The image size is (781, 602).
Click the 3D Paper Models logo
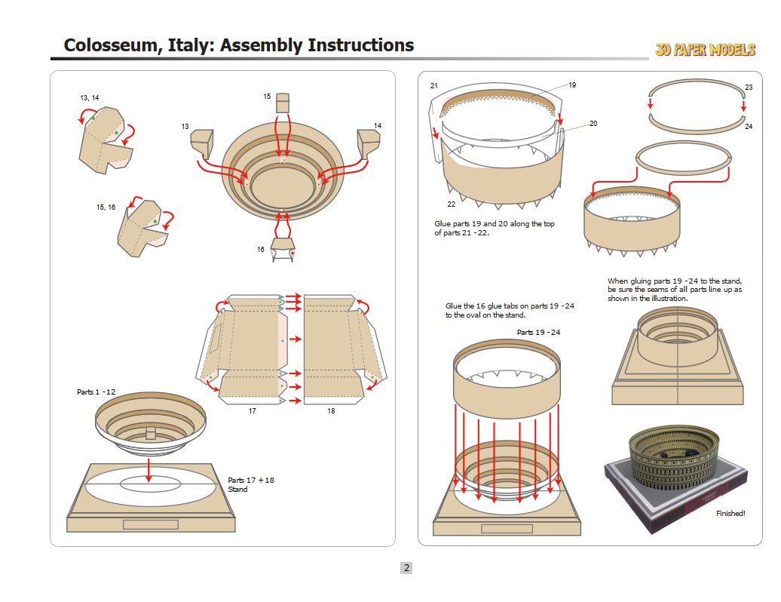(705, 50)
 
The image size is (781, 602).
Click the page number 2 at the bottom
(406, 568)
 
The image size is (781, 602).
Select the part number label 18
(331, 411)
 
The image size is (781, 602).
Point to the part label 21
(434, 86)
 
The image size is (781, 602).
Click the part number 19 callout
(572, 85)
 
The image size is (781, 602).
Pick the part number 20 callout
(593, 123)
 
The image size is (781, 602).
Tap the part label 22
(451, 204)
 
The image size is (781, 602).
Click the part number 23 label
(749, 88)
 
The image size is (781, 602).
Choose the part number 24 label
(749, 126)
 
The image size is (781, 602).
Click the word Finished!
(730, 513)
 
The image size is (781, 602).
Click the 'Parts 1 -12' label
(96, 392)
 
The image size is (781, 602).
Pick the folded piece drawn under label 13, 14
(105, 140)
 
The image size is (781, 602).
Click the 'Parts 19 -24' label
(538, 332)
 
